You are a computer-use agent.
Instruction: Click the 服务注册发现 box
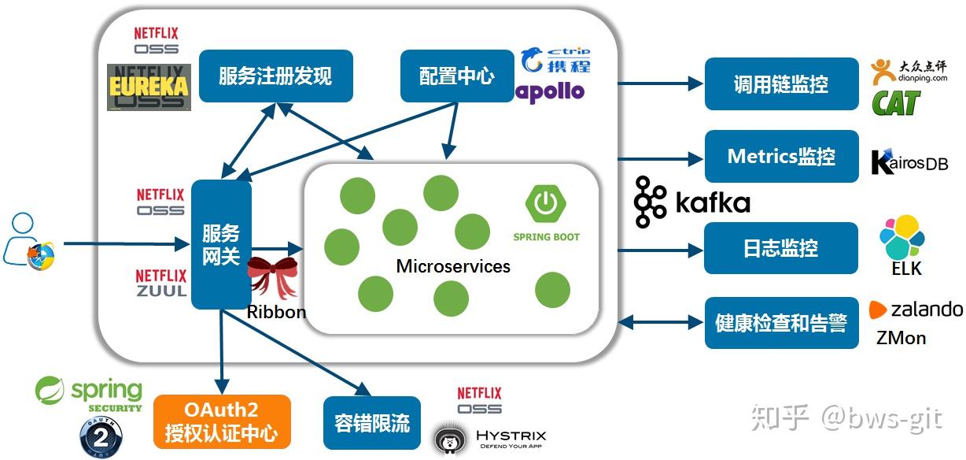[x=275, y=76]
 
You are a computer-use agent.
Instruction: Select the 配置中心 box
[x=457, y=76]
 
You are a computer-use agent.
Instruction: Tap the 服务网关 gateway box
[x=221, y=244]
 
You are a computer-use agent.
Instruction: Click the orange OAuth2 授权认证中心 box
[x=222, y=421]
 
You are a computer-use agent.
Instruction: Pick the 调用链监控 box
[x=780, y=83]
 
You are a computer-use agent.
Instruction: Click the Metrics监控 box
[x=780, y=156]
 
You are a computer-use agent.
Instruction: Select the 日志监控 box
[x=780, y=248]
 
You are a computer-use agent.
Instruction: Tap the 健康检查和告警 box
[x=780, y=323]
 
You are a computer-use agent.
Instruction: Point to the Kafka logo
[x=691, y=202]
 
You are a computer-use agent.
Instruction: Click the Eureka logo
[x=149, y=87]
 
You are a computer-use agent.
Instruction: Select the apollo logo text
[x=551, y=92]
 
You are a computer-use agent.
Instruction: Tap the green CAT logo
[x=895, y=102]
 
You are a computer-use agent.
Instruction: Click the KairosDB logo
[x=909, y=161]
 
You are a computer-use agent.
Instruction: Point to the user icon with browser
[x=28, y=242]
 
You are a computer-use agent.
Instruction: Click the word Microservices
[x=453, y=266]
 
